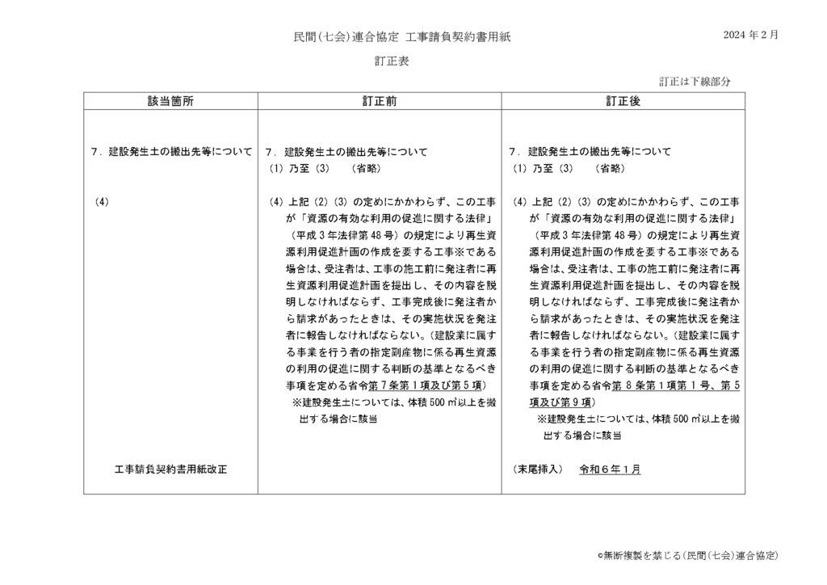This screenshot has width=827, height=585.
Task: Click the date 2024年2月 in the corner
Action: (x=751, y=36)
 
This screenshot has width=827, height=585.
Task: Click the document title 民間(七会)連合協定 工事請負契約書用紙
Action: (x=401, y=36)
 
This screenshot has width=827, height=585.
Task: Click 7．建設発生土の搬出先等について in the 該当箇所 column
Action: (x=171, y=151)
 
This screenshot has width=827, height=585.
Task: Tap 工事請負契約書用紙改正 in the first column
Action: (x=171, y=469)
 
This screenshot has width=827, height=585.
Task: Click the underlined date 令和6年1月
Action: (x=610, y=469)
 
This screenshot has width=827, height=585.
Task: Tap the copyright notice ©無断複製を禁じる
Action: (x=686, y=556)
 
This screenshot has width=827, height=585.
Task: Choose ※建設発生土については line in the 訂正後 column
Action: (x=638, y=419)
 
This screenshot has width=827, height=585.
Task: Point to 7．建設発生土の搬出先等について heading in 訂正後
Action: (x=590, y=151)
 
